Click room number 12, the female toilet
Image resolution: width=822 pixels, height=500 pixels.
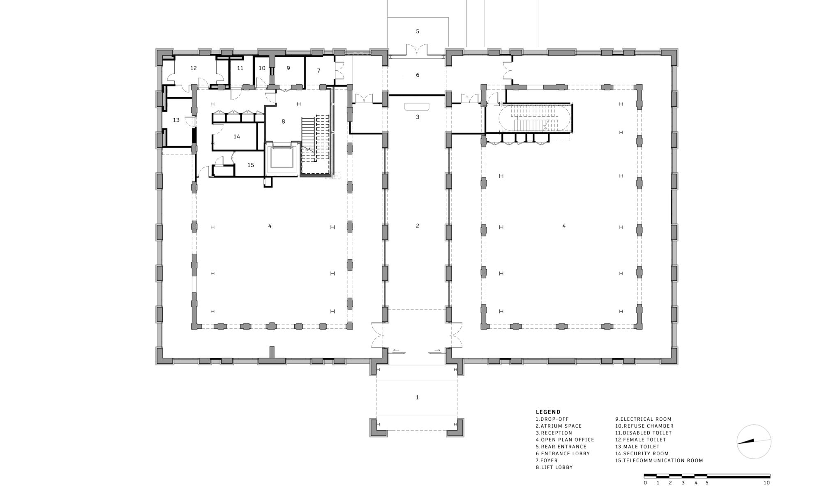pyautogui.click(x=194, y=68)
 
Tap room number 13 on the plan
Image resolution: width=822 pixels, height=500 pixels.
pyautogui.click(x=176, y=120)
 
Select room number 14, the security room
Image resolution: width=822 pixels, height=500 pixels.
pyautogui.click(x=237, y=137)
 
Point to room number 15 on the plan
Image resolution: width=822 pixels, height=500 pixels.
pyautogui.click(x=251, y=165)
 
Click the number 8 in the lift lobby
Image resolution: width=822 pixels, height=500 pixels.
pyautogui.click(x=283, y=122)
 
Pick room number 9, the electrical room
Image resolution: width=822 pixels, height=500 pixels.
pyautogui.click(x=288, y=68)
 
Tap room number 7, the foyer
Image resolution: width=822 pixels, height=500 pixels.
pyautogui.click(x=319, y=71)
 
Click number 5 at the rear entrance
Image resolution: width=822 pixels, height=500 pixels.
pyautogui.click(x=418, y=31)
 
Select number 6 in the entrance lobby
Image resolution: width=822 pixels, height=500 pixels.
pyautogui.click(x=418, y=75)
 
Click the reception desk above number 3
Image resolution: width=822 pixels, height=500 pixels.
pyautogui.click(x=417, y=107)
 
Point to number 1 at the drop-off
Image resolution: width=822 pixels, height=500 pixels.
pyautogui.click(x=418, y=397)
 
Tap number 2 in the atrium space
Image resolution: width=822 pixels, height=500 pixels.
pyautogui.click(x=418, y=226)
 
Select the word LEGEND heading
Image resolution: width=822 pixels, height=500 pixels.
pyautogui.click(x=548, y=412)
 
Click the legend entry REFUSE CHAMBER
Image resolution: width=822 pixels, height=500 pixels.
pyautogui.click(x=644, y=426)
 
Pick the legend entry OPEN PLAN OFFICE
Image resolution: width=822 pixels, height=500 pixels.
pyautogui.click(x=565, y=440)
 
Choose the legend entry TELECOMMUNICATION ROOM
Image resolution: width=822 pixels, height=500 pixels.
pyautogui.click(x=659, y=461)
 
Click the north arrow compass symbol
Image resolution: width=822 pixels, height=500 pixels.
pyautogui.click(x=754, y=442)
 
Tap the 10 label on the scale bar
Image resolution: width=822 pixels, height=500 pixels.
pyautogui.click(x=767, y=483)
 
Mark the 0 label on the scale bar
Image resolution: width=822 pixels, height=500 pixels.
pyautogui.click(x=645, y=483)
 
